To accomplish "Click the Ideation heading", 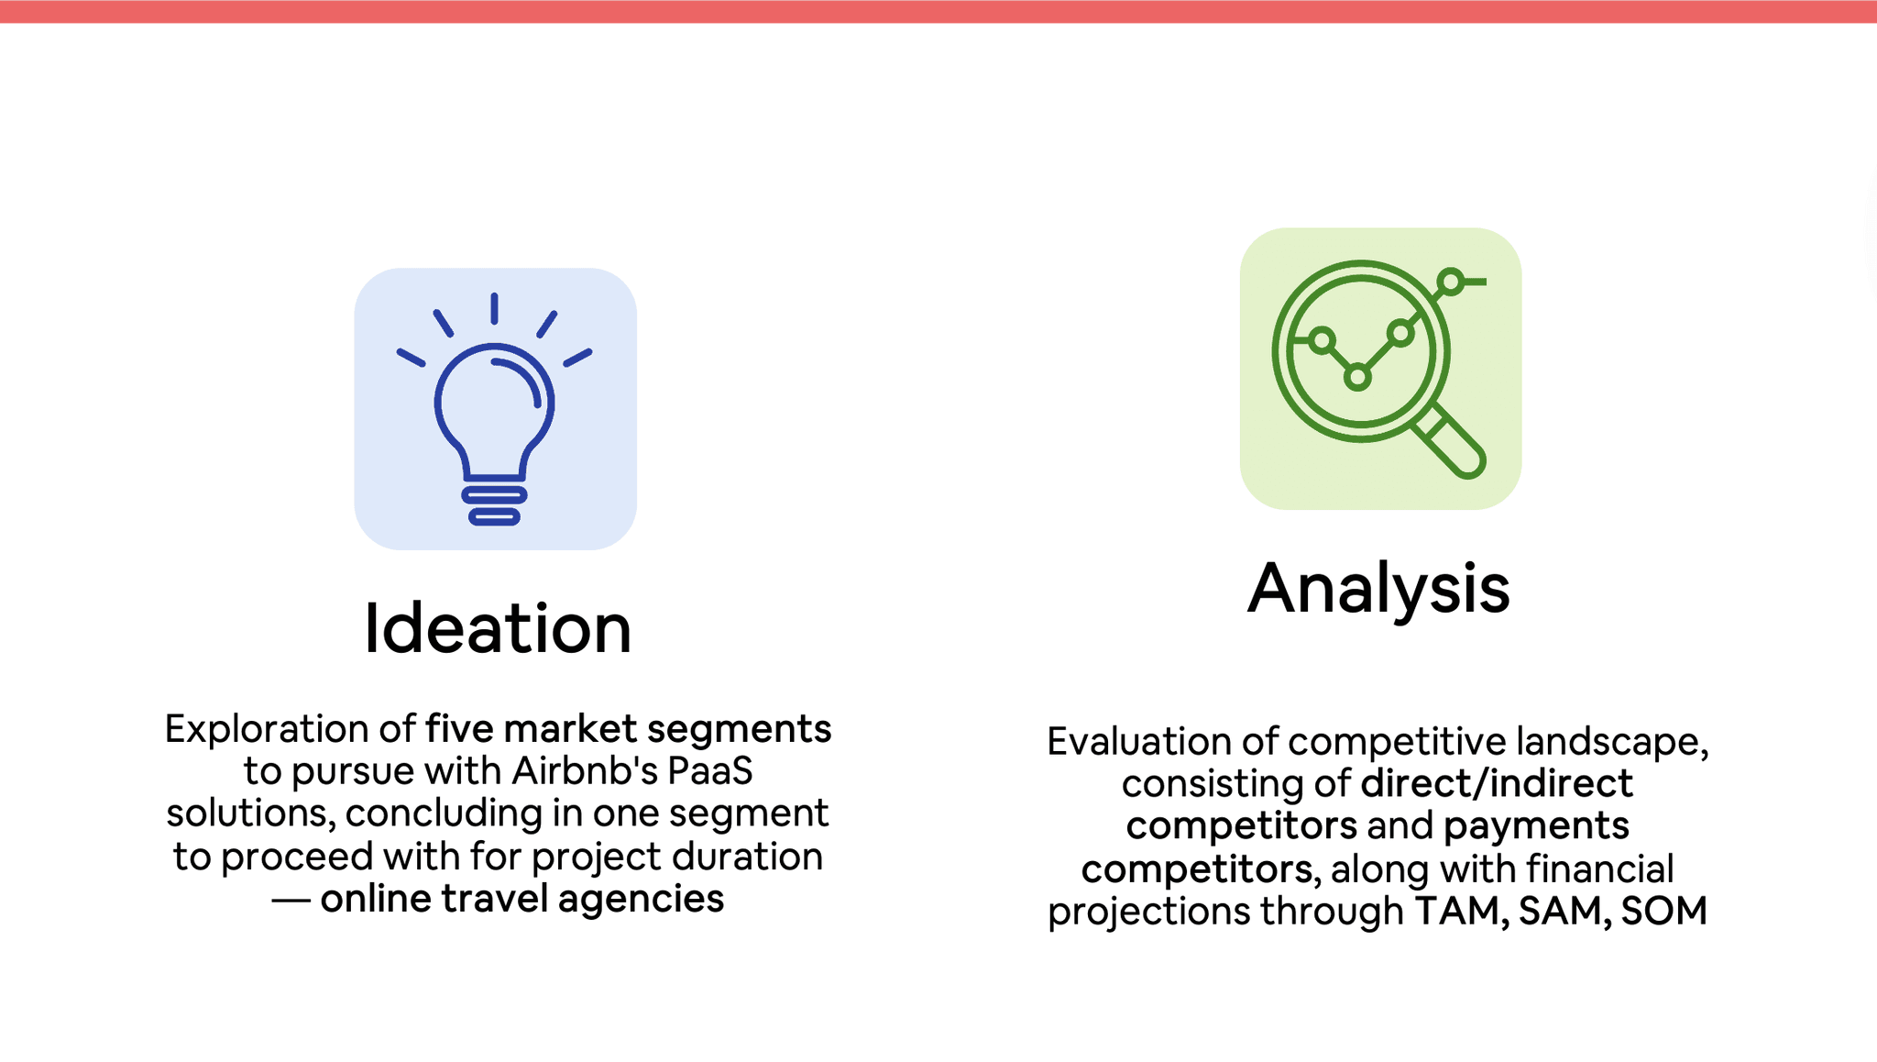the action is point(498,628).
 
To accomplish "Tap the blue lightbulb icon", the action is point(495,409).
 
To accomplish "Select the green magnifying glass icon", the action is point(1378,369).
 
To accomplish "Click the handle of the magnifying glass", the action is point(1450,443).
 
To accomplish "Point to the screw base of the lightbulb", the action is point(494,505).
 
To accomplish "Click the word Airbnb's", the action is point(585,770).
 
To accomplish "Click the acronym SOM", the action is point(1663,911).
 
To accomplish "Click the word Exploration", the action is point(267,729).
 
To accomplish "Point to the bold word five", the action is point(460,729).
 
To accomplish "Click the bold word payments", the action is point(1536,826).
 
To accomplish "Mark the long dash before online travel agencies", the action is point(291,901).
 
